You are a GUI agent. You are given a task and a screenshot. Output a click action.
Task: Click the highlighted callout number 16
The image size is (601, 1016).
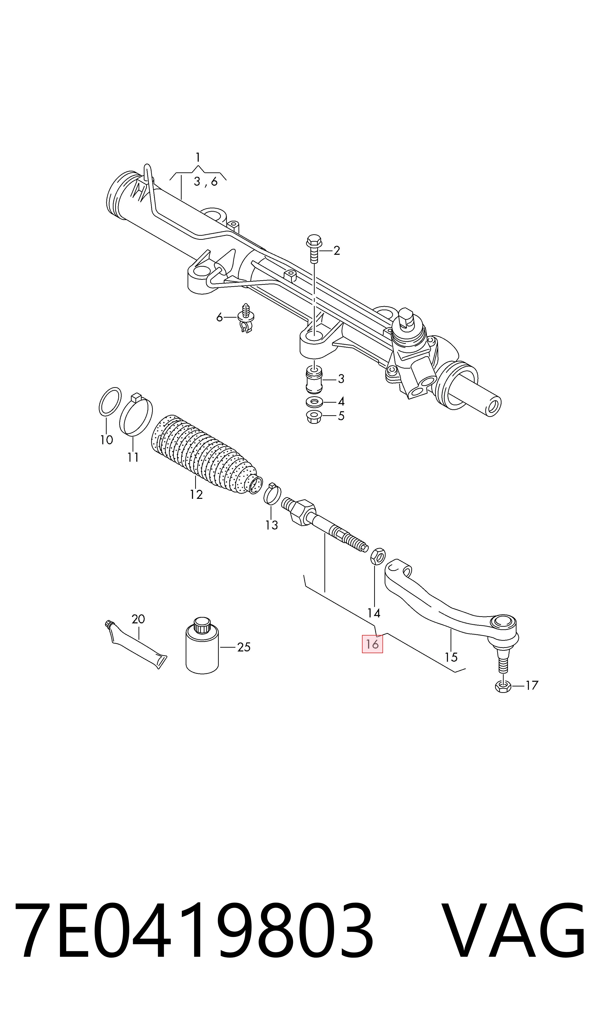tap(372, 644)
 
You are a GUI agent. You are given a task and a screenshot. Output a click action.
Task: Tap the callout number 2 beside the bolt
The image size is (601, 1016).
tap(337, 251)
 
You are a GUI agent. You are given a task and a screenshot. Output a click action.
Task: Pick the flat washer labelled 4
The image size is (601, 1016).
tap(315, 402)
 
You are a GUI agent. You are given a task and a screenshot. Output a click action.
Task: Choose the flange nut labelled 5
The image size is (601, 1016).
tap(314, 416)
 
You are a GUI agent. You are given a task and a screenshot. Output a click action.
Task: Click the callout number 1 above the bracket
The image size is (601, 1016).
tap(198, 157)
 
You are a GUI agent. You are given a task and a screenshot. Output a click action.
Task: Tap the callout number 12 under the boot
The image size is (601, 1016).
tap(196, 495)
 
